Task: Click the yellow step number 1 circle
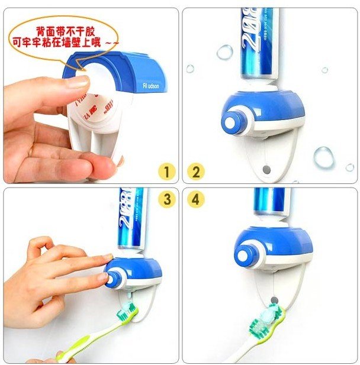167,172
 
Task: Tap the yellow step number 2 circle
196,172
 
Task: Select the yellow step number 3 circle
167,199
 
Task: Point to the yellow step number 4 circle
196,199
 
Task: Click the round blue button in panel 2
230,122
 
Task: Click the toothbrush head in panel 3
128,313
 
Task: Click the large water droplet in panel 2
323,157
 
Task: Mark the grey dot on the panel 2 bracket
265,169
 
